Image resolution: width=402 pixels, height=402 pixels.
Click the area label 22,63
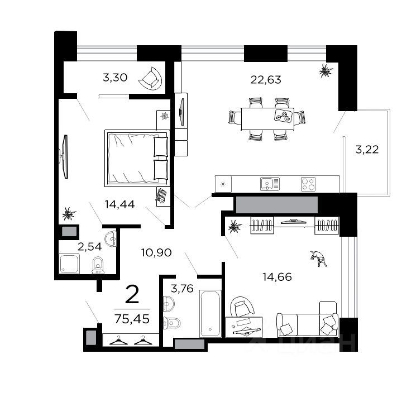(266, 79)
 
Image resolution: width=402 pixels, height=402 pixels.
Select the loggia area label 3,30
(116, 78)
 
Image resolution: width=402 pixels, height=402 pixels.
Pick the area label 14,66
(277, 275)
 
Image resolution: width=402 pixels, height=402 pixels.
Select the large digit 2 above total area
(132, 294)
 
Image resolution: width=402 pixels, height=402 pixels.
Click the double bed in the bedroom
(137, 157)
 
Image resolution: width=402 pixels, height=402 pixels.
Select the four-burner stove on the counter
(308, 183)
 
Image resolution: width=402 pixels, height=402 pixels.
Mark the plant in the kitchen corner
(324, 70)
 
